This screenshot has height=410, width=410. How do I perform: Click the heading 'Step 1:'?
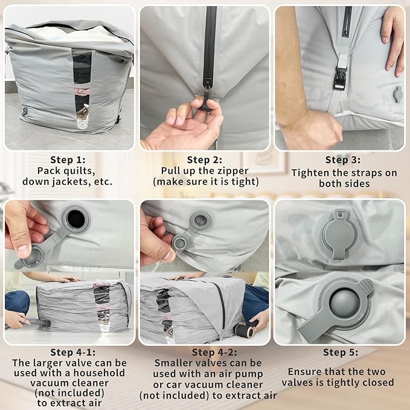coord(68,159)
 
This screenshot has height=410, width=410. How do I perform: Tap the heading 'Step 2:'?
coord(205,159)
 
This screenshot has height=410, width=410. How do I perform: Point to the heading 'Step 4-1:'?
coord(69,352)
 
